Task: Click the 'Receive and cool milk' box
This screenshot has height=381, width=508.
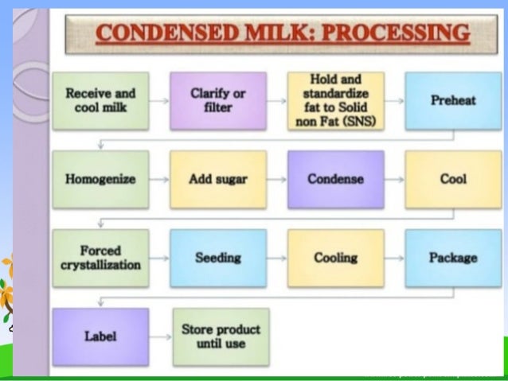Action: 100,101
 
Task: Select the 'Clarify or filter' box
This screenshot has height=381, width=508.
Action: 217,101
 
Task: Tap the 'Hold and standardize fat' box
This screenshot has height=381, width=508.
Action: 335,101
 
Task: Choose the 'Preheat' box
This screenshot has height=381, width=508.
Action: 452,101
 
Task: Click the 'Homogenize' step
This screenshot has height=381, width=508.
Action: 100,179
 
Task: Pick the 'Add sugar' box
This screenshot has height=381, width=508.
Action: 217,179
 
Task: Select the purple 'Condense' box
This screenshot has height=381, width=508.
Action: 335,179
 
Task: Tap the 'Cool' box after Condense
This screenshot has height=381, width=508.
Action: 452,179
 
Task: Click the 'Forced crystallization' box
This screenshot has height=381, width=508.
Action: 100,258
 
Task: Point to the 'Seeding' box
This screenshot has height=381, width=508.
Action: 217,258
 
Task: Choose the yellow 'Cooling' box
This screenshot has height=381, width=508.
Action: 335,258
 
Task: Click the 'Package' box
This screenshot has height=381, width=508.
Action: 452,258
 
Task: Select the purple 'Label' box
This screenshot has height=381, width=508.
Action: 100,336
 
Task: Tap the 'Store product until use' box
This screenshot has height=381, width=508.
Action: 221,336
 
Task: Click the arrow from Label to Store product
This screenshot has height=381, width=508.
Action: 160,336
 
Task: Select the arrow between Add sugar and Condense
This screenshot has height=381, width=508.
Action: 276,180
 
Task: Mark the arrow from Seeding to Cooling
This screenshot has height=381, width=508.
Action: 276,259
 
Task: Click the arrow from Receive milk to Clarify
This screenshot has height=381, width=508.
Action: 158,102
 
